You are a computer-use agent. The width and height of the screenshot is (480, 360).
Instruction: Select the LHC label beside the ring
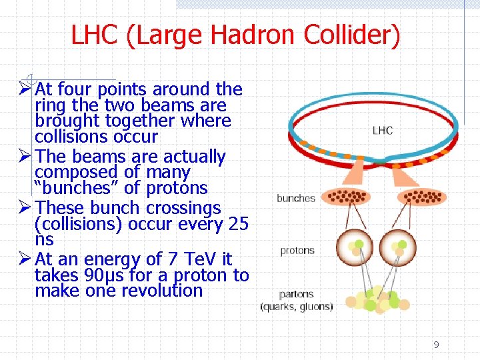click(x=382, y=130)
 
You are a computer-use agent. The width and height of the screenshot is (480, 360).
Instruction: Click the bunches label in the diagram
click(x=295, y=198)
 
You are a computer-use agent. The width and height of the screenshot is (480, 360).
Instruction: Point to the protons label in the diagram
click(x=297, y=251)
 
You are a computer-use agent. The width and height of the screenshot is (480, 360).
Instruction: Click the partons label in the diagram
click(x=297, y=295)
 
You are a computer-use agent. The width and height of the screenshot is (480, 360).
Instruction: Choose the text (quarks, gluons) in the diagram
click(x=297, y=307)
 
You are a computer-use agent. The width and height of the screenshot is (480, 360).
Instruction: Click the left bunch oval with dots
click(x=346, y=197)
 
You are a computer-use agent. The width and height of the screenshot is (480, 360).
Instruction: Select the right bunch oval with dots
click(x=421, y=197)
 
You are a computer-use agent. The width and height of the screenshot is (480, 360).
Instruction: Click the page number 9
click(x=436, y=345)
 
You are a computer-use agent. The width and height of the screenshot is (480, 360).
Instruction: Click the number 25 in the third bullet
click(x=238, y=224)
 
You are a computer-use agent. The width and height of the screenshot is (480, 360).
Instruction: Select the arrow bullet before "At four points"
click(x=23, y=89)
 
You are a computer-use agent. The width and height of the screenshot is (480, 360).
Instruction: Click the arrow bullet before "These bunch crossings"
click(x=23, y=208)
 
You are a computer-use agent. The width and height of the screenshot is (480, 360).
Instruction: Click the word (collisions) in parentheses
click(x=75, y=224)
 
